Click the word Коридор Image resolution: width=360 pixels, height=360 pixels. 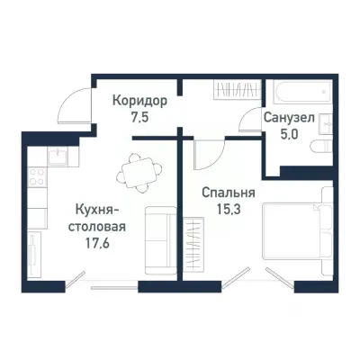[139, 101]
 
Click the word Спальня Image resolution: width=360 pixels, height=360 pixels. [229, 193]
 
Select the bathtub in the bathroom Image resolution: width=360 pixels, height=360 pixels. [296, 93]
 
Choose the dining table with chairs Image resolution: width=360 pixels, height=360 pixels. [139, 168]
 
